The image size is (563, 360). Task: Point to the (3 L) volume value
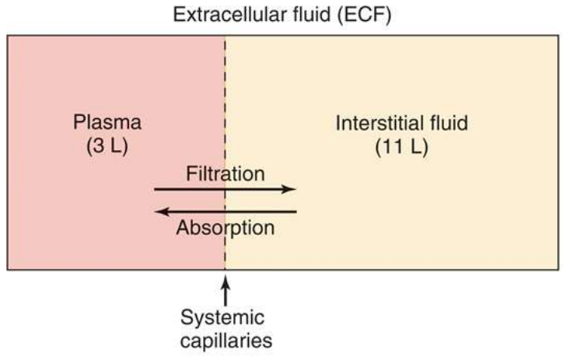(x=108, y=146)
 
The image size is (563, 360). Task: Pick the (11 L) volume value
(x=401, y=146)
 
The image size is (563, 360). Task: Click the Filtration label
(x=226, y=173)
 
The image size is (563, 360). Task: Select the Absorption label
(x=226, y=228)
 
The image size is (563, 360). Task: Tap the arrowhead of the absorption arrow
(x=159, y=210)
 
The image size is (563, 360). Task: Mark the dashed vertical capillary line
(x=226, y=93)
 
